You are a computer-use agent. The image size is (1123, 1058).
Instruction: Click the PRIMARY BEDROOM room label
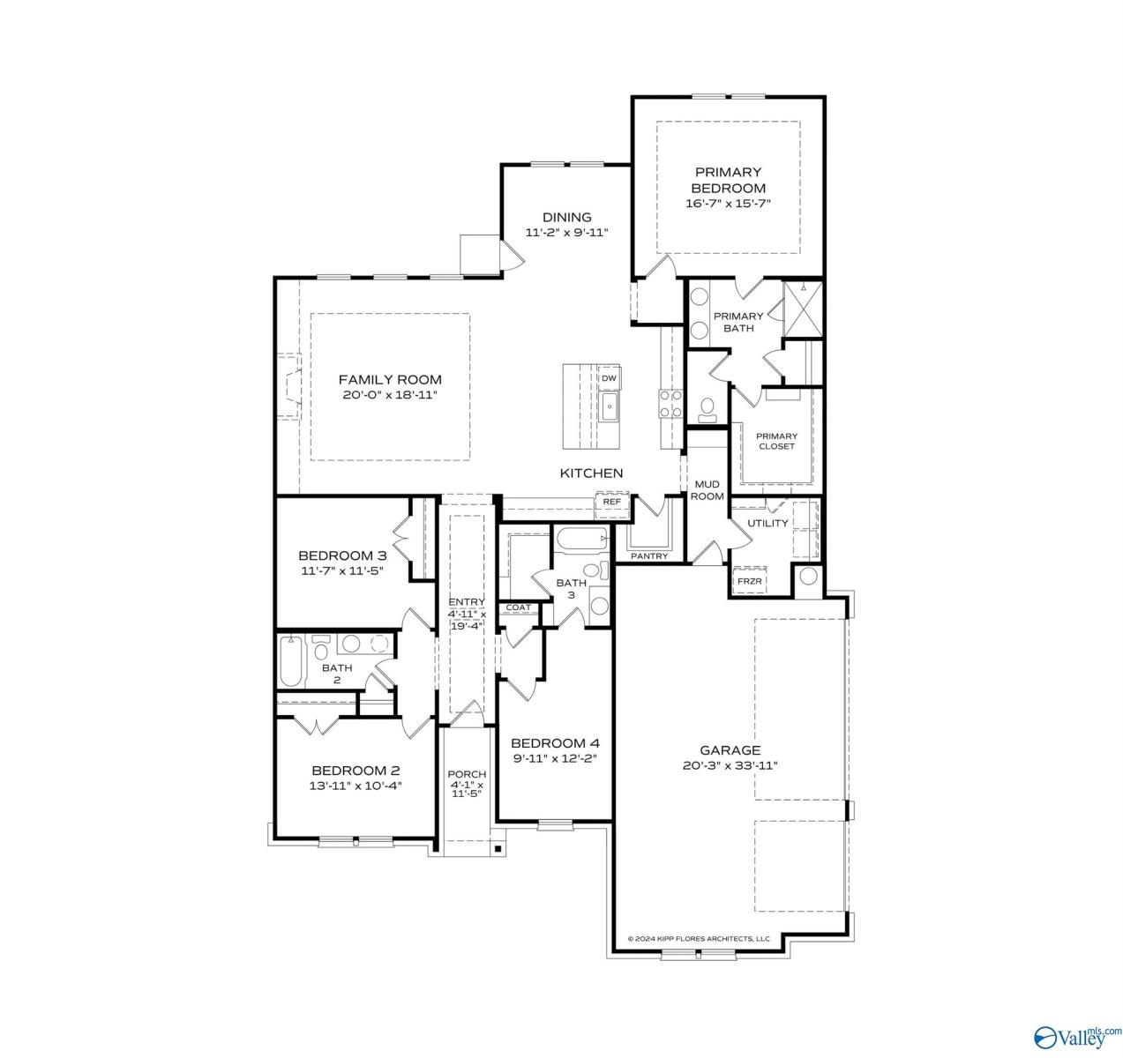point(728,180)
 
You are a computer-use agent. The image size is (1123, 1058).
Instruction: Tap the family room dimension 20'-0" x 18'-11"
point(390,395)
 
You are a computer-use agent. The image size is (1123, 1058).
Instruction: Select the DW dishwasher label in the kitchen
point(609,378)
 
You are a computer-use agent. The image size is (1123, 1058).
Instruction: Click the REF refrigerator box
point(611,502)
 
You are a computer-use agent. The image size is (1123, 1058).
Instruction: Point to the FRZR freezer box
point(749,581)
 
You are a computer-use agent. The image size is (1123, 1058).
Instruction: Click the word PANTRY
point(649,556)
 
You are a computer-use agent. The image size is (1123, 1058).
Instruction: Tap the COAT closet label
point(518,607)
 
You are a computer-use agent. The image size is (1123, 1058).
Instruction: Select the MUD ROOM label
point(707,490)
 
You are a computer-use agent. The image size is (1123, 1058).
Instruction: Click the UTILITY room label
point(767,523)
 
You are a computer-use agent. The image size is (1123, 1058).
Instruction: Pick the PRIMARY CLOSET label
point(776,441)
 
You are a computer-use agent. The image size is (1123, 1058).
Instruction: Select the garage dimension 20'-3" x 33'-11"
point(730,765)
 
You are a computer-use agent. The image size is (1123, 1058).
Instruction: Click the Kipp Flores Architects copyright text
point(698,938)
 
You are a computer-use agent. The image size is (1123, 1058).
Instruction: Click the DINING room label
point(566,217)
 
